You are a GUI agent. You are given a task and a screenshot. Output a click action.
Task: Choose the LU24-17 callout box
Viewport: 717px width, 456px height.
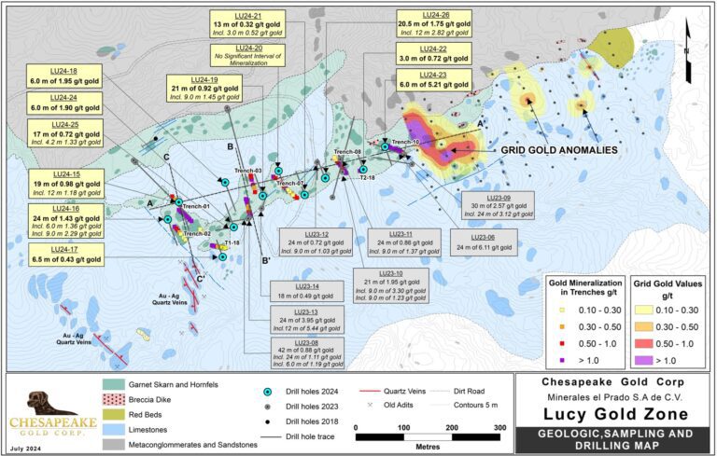pos(64,252)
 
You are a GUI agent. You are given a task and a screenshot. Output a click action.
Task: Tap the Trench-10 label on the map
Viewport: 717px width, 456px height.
pos(412,143)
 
